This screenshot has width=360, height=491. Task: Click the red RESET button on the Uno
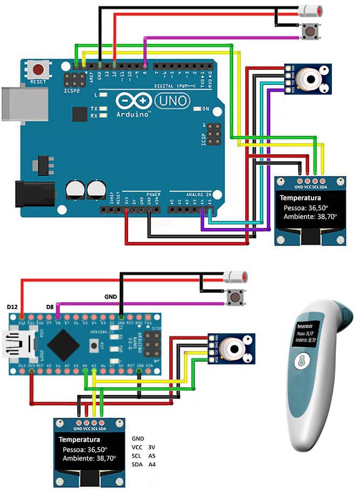[39, 69]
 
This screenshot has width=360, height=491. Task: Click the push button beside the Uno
[309, 31]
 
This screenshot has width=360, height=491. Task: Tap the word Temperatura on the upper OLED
[300, 198]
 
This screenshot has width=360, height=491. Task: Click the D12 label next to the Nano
[12, 306]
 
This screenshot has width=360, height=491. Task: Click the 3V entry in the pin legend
[151, 446]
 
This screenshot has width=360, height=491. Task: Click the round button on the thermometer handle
[303, 361]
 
